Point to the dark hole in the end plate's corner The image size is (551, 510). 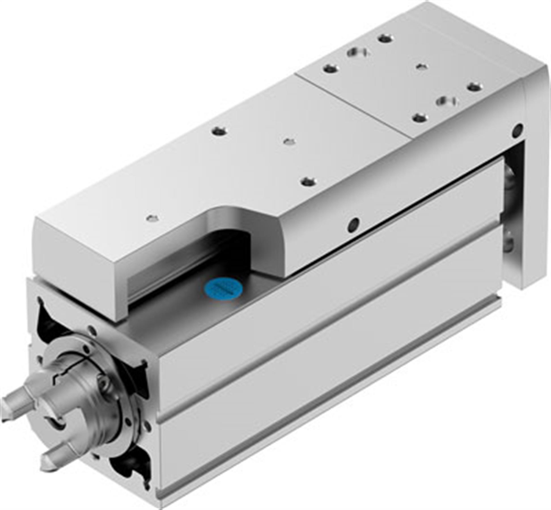coord(518,129)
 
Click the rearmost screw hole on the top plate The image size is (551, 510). coord(386,38)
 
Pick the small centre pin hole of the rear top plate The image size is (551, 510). coord(422,67)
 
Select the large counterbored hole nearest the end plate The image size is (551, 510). coord(446,101)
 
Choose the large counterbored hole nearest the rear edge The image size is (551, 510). coord(358,52)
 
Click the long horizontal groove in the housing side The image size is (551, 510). coord(326,366)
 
